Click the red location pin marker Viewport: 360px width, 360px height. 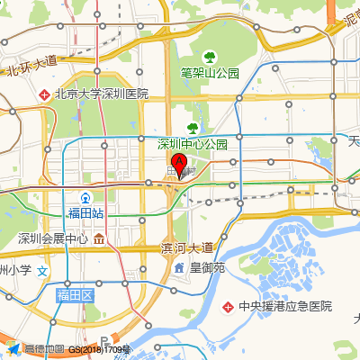coord(178,166)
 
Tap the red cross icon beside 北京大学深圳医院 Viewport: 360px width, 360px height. coord(45,94)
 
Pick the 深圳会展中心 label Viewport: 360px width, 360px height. coord(53,238)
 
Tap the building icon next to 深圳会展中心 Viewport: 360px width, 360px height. coord(98,238)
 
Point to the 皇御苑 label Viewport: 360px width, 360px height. coord(213,267)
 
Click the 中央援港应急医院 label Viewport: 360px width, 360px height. coord(285,306)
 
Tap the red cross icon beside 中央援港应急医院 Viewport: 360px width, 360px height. coord(229,306)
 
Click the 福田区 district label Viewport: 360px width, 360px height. coord(75,295)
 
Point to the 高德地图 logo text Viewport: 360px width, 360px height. coord(44,349)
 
